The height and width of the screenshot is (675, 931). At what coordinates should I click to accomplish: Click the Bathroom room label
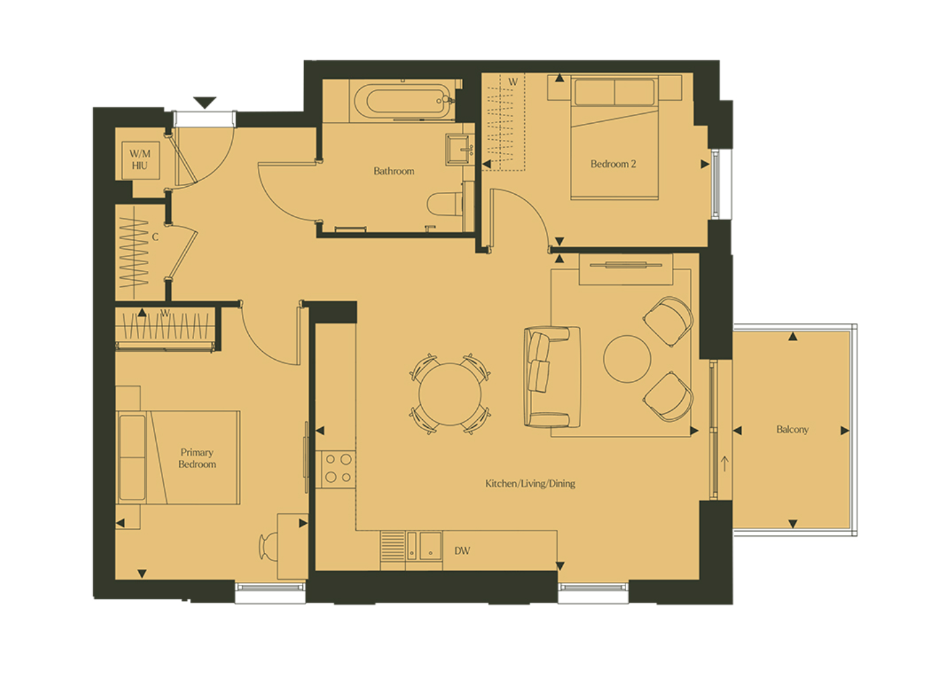(394, 171)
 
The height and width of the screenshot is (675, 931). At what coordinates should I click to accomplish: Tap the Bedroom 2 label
(613, 164)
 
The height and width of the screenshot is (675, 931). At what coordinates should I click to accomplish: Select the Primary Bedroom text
(197, 458)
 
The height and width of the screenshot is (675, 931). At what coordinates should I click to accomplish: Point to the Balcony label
(793, 429)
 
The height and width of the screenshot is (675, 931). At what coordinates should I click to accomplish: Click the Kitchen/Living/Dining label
(530, 484)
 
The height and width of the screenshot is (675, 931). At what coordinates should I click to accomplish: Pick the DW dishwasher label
(462, 551)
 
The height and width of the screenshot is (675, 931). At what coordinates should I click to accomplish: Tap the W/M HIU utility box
(140, 160)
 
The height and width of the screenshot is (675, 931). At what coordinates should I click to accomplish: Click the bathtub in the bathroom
(403, 100)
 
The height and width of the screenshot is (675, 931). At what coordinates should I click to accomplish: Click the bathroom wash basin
(459, 150)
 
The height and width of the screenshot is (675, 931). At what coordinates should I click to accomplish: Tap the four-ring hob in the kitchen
(335, 468)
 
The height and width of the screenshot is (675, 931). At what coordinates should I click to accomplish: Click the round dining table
(450, 394)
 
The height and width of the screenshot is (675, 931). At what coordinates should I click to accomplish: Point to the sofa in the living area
(552, 377)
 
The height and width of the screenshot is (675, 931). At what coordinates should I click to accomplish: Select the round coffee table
(627, 359)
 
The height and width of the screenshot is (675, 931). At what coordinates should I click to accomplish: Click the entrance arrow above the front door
(205, 102)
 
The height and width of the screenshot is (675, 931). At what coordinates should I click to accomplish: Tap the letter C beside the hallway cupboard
(155, 237)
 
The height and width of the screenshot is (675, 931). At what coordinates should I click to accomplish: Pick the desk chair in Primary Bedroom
(268, 547)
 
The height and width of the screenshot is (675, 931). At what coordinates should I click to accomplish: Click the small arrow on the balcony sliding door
(725, 464)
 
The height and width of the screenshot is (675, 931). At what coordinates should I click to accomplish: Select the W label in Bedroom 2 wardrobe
(513, 82)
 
